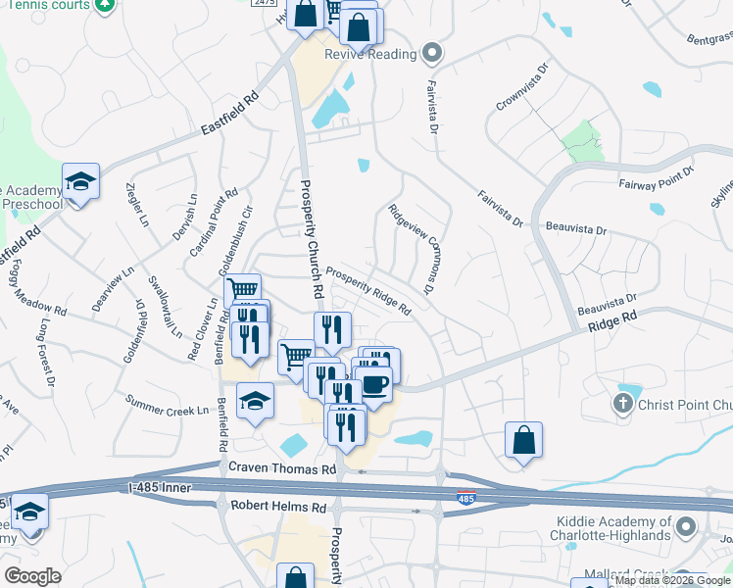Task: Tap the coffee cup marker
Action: click(x=376, y=382)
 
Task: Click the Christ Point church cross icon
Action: click(x=621, y=403)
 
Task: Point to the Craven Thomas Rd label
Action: click(x=282, y=470)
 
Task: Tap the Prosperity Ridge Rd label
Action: click(x=367, y=291)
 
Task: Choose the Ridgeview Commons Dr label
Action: click(x=410, y=249)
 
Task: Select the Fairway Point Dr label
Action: click(x=656, y=177)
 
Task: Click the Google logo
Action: click(x=32, y=576)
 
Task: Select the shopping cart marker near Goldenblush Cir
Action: click(x=242, y=290)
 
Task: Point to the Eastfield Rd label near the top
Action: click(x=228, y=114)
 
